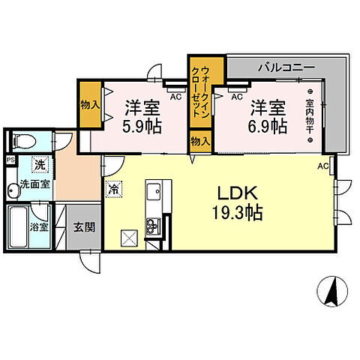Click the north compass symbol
pos(332,292)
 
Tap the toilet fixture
pos(25,141)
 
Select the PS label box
pos(10,160)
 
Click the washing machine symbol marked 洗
pos(40,165)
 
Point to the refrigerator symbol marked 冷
pos(114,189)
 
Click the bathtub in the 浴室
pos(18,227)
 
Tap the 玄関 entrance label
pos(84,227)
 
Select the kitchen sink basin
pos(154,191)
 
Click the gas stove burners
pos(154,226)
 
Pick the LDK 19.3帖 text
pos(237,203)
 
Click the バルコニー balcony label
pos(286,67)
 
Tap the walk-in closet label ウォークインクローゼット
pos(200,91)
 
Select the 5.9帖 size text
pos(142,127)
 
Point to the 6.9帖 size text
pos(268,127)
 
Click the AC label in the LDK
pos(322,166)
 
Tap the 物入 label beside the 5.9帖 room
pos(90,105)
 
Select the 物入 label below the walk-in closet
pos(200,142)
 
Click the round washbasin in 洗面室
pos(13,191)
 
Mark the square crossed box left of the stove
pos(129,238)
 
